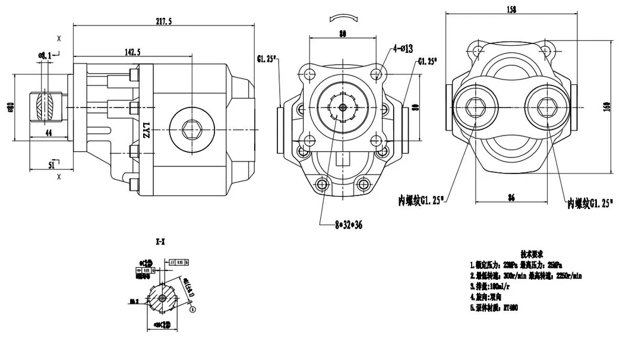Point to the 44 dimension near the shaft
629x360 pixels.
48,134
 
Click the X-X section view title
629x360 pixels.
160,242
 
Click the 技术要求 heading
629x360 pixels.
532,252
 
